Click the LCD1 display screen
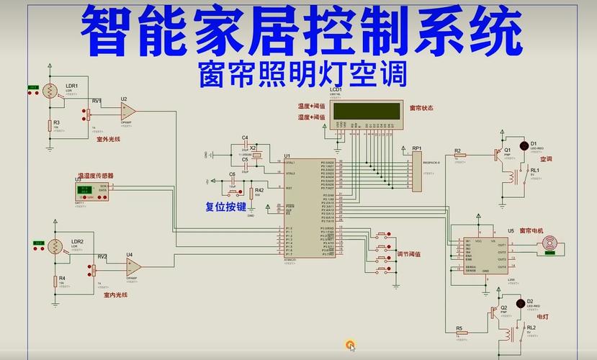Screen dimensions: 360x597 point(369,110)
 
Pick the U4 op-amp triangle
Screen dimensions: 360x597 point(133,266)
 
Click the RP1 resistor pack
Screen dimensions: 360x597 point(417,171)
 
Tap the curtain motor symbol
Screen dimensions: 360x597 point(549,246)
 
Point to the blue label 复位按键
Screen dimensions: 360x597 point(225,207)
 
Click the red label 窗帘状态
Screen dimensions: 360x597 point(424,107)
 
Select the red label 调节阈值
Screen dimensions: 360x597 point(409,254)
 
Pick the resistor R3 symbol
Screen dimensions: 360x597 point(48,125)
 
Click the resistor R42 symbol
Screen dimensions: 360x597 point(251,193)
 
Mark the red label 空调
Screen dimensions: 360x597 point(546,158)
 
